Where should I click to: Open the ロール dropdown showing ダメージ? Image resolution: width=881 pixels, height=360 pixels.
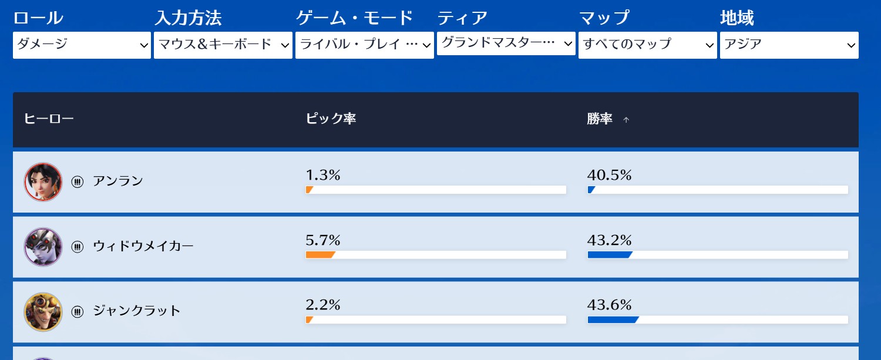click(82, 45)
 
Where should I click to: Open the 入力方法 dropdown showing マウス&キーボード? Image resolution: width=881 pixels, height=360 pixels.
click(223, 45)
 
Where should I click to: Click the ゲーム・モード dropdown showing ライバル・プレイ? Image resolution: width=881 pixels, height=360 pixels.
click(365, 45)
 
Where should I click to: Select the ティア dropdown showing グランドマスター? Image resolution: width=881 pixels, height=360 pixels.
click(506, 43)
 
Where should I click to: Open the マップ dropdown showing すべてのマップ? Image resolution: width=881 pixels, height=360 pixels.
click(648, 45)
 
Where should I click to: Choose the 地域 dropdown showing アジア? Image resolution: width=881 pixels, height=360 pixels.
click(789, 45)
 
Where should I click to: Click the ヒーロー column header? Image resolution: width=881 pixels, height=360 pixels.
click(49, 119)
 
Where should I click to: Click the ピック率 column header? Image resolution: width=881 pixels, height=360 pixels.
click(331, 119)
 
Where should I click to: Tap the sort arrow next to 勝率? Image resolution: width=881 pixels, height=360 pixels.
click(626, 120)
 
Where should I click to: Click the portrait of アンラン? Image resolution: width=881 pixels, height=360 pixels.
click(43, 182)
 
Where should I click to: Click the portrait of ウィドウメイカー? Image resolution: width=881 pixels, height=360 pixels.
click(43, 247)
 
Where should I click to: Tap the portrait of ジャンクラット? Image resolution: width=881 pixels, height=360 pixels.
click(43, 311)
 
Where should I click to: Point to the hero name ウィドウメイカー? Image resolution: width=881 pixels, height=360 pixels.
click(143, 247)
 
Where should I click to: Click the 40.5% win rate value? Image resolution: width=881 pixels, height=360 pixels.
click(609, 175)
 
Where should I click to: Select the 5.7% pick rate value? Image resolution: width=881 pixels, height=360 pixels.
click(323, 240)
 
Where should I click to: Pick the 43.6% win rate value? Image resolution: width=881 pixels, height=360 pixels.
click(609, 305)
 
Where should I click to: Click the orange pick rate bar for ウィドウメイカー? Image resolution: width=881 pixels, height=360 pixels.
click(320, 255)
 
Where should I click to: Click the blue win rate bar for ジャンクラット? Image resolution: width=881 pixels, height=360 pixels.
click(612, 319)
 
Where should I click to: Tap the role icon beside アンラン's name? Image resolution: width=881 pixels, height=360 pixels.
click(78, 182)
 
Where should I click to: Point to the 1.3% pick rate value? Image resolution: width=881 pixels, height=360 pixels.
click(323, 175)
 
